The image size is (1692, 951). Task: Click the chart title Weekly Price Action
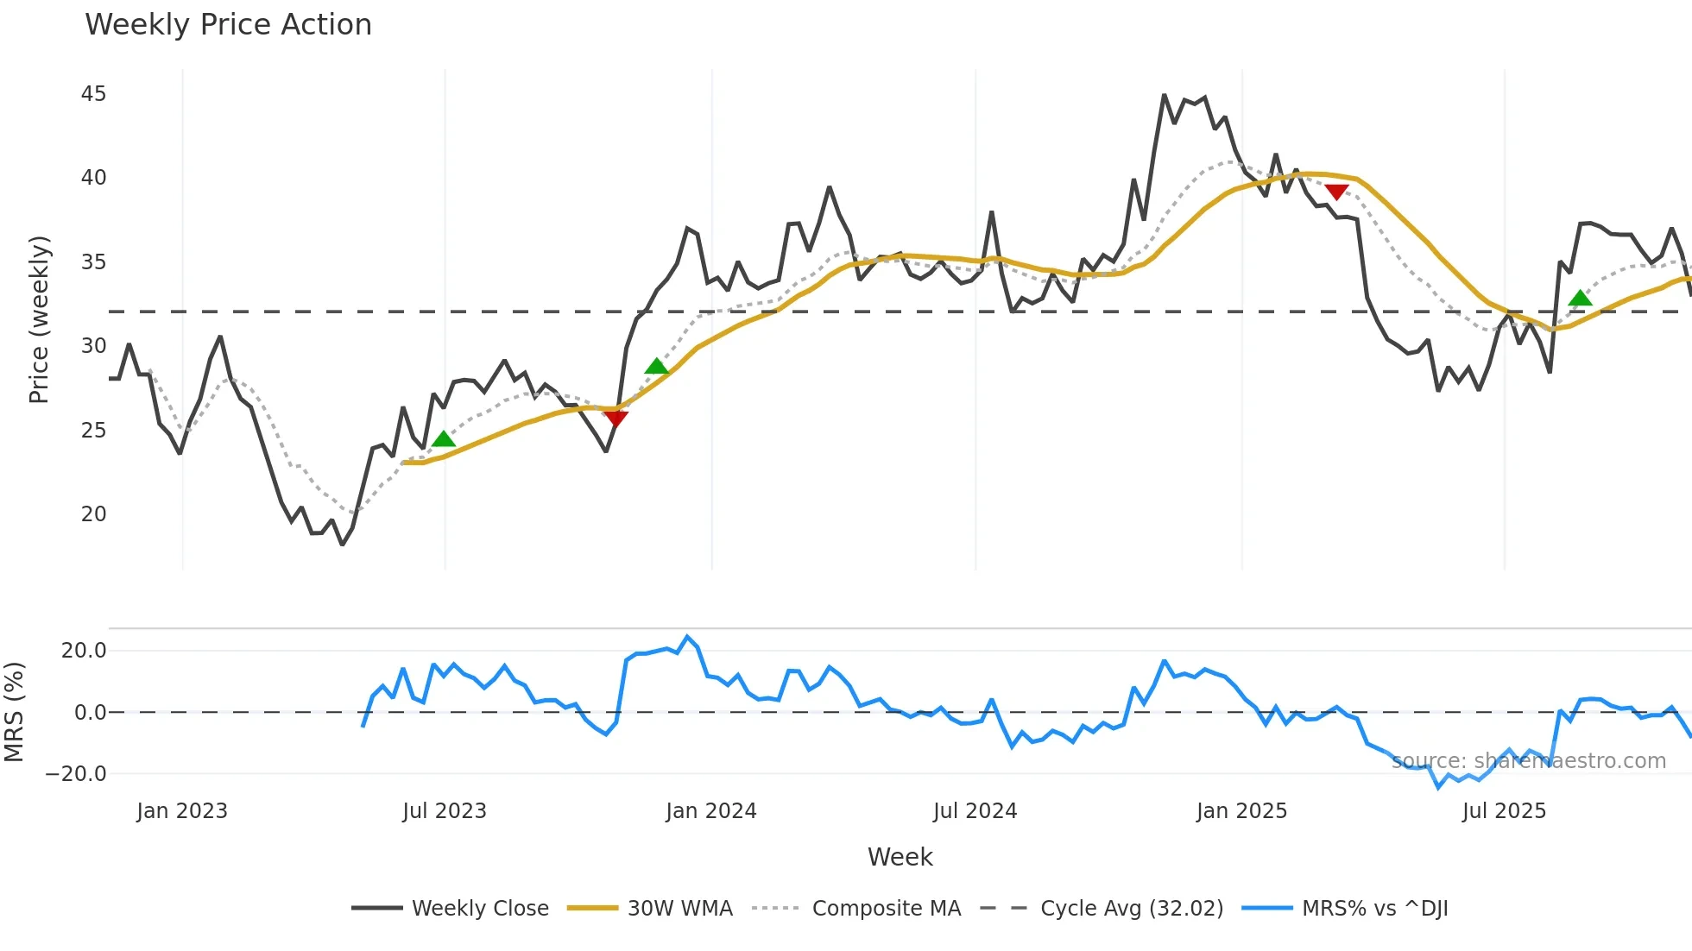coord(228,25)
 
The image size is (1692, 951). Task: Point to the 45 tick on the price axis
coord(93,94)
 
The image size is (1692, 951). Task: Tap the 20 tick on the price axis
coord(93,514)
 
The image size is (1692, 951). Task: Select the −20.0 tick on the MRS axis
coord(76,774)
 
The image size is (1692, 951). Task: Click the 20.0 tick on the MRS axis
coord(84,651)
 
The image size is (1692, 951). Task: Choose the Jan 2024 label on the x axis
coord(710,811)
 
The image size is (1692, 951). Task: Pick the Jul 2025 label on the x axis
coord(1504,811)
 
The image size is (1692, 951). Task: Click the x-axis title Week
coord(900,857)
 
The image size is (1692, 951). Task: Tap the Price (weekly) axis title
coord(39,319)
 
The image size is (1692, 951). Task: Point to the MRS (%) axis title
coord(14,712)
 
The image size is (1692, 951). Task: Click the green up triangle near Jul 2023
coord(443,439)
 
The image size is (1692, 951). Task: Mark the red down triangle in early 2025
coord(1336,192)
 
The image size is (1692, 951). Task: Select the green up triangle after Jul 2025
coord(1580,299)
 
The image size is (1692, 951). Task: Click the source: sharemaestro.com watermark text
coord(1528,761)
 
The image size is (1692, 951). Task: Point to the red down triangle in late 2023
coord(616,419)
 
